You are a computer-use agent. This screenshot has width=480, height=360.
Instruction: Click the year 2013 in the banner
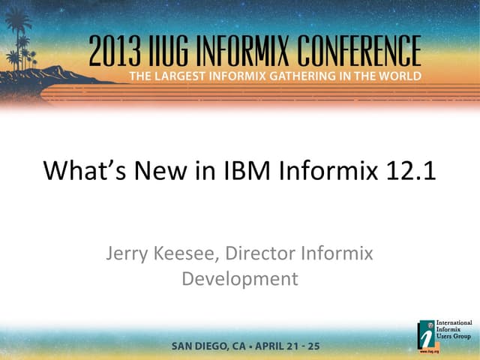pyautogui.click(x=113, y=52)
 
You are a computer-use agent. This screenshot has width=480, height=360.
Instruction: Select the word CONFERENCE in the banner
pyautogui.click(x=364, y=52)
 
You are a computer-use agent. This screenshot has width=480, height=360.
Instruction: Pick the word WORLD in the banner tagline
pyautogui.click(x=398, y=76)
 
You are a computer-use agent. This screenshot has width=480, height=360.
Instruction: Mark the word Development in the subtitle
pyautogui.click(x=240, y=280)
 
